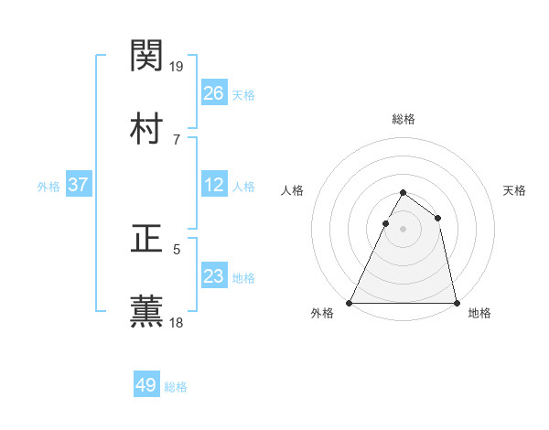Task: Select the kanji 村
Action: tap(146, 127)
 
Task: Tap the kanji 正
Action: tap(146, 238)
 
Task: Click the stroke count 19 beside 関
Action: tap(178, 66)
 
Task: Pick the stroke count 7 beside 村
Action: tap(176, 139)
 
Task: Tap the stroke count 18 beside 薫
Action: tap(178, 322)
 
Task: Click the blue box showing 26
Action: tap(213, 93)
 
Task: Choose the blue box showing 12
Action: tap(213, 185)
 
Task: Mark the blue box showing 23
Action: tap(213, 276)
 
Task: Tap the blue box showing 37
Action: tap(78, 185)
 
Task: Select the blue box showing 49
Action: tap(146, 385)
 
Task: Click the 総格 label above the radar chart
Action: tap(404, 119)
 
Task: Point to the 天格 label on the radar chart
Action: tap(515, 190)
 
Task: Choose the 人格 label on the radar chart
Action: tap(292, 190)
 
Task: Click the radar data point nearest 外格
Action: tap(350, 302)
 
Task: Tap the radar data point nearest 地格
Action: tap(456, 302)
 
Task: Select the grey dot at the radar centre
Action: tap(403, 229)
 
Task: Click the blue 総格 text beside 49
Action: tap(176, 387)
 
